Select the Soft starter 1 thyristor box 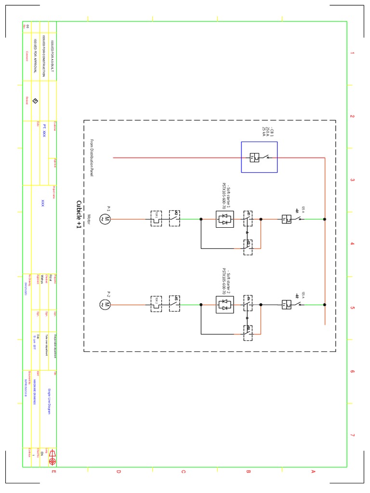tap(225, 219)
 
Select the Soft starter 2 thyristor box tap(225, 304)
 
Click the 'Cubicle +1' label tap(79, 214)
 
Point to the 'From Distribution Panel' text tap(92, 157)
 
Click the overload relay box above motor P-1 tap(157, 219)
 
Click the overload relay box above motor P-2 tap(157, 304)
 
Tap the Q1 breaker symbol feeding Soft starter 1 tap(287, 219)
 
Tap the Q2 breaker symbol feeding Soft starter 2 tap(287, 304)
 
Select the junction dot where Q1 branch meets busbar tap(325, 219)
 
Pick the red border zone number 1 tap(352, 53)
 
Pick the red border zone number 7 tap(352, 435)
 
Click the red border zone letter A tap(313, 471)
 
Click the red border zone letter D tap(118, 471)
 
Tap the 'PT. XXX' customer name tap(44, 130)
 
